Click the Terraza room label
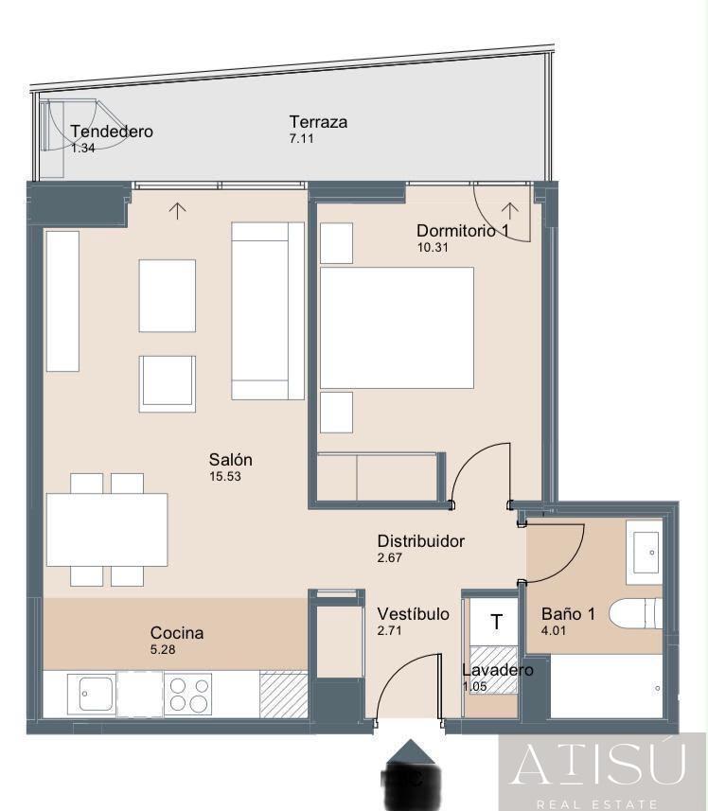point(318,122)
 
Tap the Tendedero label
point(112,132)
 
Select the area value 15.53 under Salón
point(225,476)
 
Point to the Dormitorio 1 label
point(463,231)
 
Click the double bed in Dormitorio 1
point(397,327)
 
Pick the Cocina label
point(177,632)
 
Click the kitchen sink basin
point(97,694)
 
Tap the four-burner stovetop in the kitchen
point(188,694)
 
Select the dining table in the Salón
point(107,530)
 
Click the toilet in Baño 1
point(636,614)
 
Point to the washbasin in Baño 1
point(645,553)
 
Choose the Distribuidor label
point(421,541)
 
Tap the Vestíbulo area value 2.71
point(389,630)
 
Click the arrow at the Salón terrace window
point(177,210)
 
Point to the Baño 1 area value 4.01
point(554,630)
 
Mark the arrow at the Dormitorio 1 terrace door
point(510,210)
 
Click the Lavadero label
point(498,670)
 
